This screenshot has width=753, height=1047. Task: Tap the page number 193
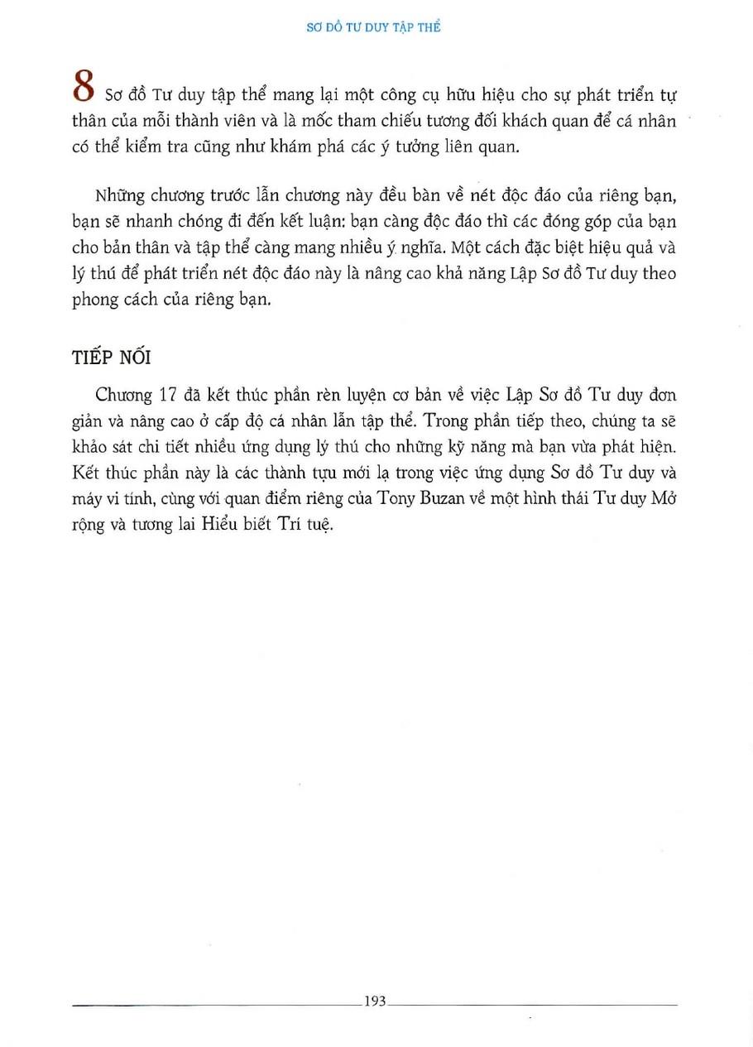pos(375,1001)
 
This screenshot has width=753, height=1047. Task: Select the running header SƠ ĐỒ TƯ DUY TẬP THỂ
pos(376,27)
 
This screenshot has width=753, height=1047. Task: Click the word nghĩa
pos(407,248)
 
